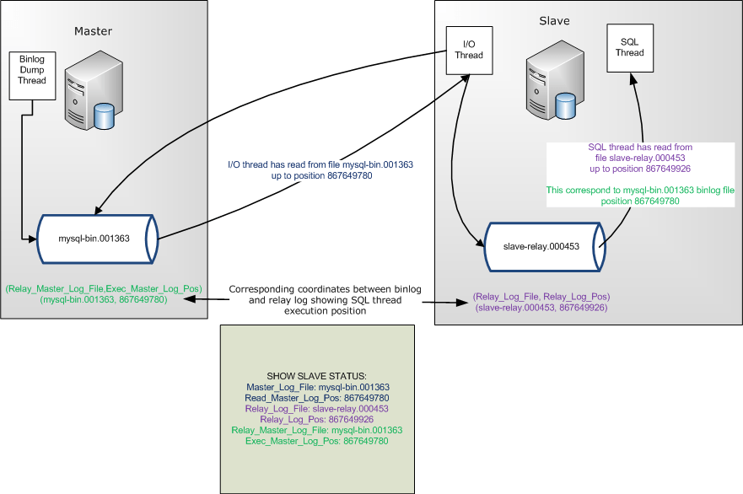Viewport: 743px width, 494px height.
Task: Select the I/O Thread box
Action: [x=469, y=49]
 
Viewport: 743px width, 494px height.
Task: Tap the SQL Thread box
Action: [x=630, y=46]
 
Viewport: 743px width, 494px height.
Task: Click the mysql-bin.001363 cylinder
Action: [x=94, y=238]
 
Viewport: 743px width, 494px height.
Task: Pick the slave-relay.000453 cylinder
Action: [x=540, y=246]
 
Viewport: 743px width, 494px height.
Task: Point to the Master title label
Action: [x=93, y=31]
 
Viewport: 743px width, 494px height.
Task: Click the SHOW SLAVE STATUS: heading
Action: [x=317, y=375]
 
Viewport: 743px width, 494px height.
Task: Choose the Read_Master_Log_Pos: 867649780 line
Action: [x=317, y=397]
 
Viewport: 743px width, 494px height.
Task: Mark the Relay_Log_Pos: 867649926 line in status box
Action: [x=317, y=419]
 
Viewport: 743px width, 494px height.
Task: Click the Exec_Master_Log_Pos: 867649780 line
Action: [x=317, y=441]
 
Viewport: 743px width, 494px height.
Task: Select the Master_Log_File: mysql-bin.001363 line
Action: [x=317, y=386]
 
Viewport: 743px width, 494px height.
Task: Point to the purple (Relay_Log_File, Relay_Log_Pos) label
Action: [x=541, y=297]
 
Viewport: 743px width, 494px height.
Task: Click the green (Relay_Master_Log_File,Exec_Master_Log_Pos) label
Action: [x=103, y=288]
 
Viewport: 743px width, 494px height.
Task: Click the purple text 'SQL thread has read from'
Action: [x=640, y=147]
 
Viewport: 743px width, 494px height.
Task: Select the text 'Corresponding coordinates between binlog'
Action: [x=325, y=289]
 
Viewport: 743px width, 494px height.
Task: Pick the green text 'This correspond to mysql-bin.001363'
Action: [x=640, y=191]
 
